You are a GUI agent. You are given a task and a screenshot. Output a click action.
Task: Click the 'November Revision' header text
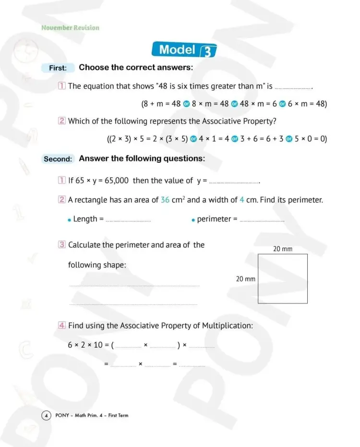pos(70,28)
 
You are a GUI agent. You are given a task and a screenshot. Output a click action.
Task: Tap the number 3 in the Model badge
pos(208,51)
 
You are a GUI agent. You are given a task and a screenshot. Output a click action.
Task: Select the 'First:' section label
pos(58,68)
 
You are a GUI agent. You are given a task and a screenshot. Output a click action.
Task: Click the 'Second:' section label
pos(58,159)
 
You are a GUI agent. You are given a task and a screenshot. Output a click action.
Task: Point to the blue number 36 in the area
pos(165,200)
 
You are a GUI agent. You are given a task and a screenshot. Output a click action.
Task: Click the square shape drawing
pos(283,279)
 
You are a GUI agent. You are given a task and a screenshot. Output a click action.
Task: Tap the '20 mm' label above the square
pos(283,249)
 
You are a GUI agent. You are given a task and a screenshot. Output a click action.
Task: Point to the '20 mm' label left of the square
pos(245,279)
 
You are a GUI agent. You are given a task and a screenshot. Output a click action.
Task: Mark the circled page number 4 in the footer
pos(46,415)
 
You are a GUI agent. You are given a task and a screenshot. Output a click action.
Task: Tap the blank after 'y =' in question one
pos(234,182)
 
